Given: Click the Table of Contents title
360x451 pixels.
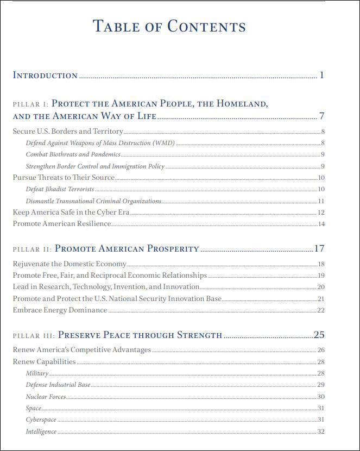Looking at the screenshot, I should coord(169,26).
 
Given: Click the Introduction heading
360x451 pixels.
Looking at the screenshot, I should coord(45,76).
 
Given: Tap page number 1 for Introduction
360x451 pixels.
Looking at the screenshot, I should coord(321,75).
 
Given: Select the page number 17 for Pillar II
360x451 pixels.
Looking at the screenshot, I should coord(319,249).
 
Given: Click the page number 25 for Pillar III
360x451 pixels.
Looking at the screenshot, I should coord(319,335).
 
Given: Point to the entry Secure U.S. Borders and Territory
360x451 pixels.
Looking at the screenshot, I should coord(68,131).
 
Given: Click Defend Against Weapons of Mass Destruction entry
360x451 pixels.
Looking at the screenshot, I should coord(100,143).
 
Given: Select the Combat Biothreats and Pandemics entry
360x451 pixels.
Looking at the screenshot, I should coord(73,155).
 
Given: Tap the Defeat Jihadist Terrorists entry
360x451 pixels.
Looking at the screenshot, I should coord(60,189).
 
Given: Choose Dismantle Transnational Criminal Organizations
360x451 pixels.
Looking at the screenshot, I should coord(93,201).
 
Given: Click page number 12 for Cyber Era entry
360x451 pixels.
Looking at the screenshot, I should coord(321,212).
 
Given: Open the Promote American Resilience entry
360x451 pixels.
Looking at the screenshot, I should coord(62,224).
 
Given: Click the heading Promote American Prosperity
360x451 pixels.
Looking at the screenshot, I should coord(127,249).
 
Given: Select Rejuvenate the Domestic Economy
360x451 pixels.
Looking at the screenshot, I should coord(70,264).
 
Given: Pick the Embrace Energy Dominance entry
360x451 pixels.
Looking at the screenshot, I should coord(60,310).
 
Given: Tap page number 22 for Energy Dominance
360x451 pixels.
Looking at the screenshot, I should coord(321,310).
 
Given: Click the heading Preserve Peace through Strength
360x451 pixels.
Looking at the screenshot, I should coord(140,335).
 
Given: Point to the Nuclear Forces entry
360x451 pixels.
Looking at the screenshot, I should coord(46,397).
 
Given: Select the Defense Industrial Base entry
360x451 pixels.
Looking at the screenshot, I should coord(58,385).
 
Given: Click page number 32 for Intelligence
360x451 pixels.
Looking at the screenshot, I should coord(321,431).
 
